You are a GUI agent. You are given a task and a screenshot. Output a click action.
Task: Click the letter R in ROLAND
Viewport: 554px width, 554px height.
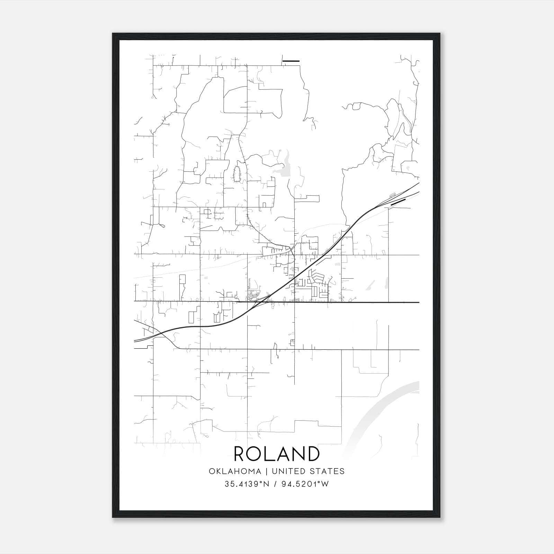pos(241,454)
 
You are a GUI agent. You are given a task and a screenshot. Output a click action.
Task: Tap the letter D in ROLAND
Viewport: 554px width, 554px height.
pos(311,454)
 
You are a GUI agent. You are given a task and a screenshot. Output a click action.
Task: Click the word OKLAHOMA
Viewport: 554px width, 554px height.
pos(235,471)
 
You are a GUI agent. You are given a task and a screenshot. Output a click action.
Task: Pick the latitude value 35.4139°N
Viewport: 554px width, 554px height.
pos(247,484)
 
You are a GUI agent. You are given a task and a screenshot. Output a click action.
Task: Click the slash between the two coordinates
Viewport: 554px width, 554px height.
pos(276,484)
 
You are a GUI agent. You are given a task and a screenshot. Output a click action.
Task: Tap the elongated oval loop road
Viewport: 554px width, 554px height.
pos(237,173)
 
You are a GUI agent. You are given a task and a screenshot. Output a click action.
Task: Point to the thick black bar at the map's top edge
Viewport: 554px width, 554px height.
pos(291,61)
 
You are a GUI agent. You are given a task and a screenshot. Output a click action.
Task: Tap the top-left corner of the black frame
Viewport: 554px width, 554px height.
pos(113,34)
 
